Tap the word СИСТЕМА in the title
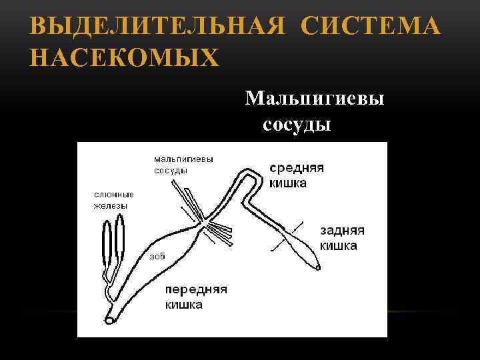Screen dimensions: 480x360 pyautogui.click(x=370, y=28)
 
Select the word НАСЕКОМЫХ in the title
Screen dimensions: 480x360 pyautogui.click(x=124, y=58)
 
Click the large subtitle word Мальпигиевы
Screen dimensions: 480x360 pyautogui.click(x=315, y=99)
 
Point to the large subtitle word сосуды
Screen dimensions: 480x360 pyautogui.click(x=297, y=125)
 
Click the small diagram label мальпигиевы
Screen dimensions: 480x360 pyautogui.click(x=183, y=159)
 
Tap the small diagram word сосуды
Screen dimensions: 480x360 pyautogui.click(x=171, y=170)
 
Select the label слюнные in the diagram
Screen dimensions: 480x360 pyautogui.click(x=113, y=195)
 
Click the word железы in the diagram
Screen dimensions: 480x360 pyautogui.click(x=110, y=205)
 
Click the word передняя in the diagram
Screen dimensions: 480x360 pyautogui.click(x=196, y=291)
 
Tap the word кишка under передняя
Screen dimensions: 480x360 pyautogui.click(x=184, y=305)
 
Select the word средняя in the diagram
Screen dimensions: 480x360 pyautogui.click(x=297, y=168)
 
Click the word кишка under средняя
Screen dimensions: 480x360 pyautogui.click(x=288, y=183)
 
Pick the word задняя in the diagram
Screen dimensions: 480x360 pyautogui.click(x=342, y=231)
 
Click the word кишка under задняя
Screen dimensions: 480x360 pyautogui.click(x=338, y=245)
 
